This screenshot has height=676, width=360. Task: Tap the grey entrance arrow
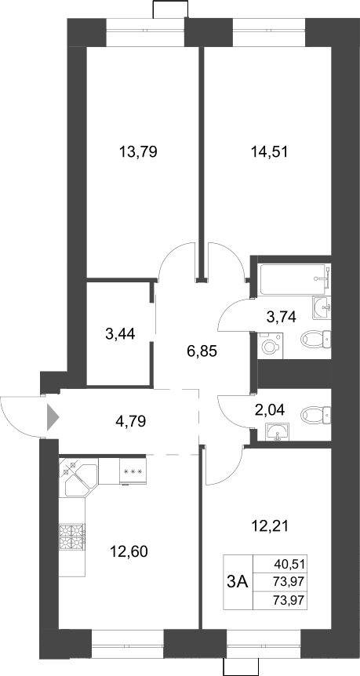click(53, 416)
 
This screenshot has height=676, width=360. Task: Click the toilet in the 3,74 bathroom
click(316, 340)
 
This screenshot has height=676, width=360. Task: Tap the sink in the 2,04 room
click(277, 432)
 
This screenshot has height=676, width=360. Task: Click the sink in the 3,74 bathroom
click(322, 307)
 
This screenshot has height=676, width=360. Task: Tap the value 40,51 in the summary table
click(289, 563)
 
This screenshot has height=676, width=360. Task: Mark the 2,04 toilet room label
click(269, 409)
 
